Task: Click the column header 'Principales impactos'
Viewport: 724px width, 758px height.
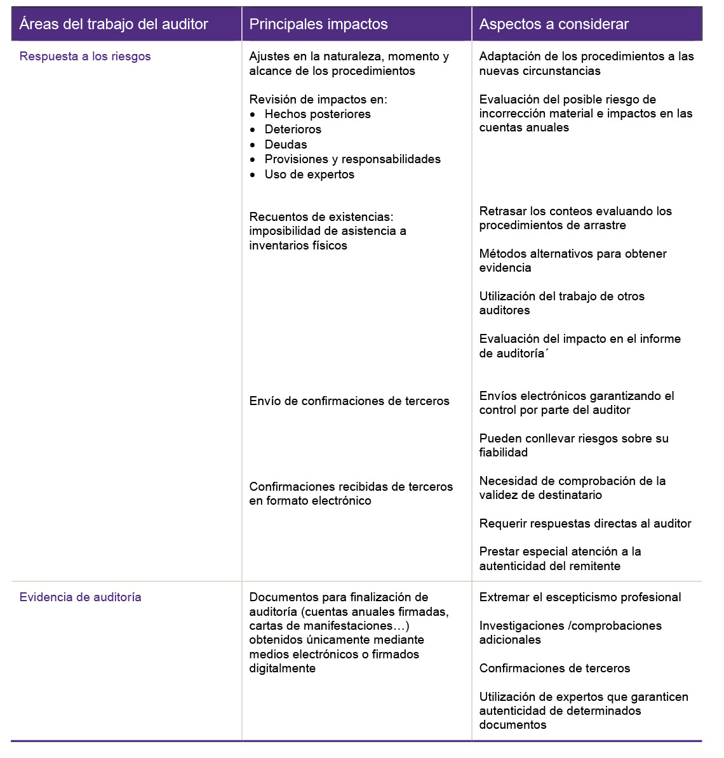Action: click(318, 24)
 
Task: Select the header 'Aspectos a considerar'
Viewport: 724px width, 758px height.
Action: click(554, 24)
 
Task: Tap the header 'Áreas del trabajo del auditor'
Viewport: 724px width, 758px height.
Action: click(114, 24)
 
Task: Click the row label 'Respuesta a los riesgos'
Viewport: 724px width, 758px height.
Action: click(85, 57)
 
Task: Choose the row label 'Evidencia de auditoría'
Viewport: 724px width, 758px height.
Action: click(81, 597)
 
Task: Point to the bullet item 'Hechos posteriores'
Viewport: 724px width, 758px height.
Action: click(318, 114)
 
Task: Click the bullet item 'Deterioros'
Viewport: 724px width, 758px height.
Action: click(293, 130)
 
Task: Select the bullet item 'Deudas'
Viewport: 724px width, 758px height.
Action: click(286, 145)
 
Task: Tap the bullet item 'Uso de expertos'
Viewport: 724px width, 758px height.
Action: click(309, 175)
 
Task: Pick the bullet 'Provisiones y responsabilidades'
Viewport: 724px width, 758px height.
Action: click(352, 159)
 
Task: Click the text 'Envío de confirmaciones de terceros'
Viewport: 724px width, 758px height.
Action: click(349, 401)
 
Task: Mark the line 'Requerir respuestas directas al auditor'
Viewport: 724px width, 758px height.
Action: click(585, 524)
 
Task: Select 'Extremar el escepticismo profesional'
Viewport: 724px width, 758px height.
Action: click(580, 597)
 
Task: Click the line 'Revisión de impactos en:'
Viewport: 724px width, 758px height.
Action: click(318, 100)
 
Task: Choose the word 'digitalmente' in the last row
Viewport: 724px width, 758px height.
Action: click(282, 668)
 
